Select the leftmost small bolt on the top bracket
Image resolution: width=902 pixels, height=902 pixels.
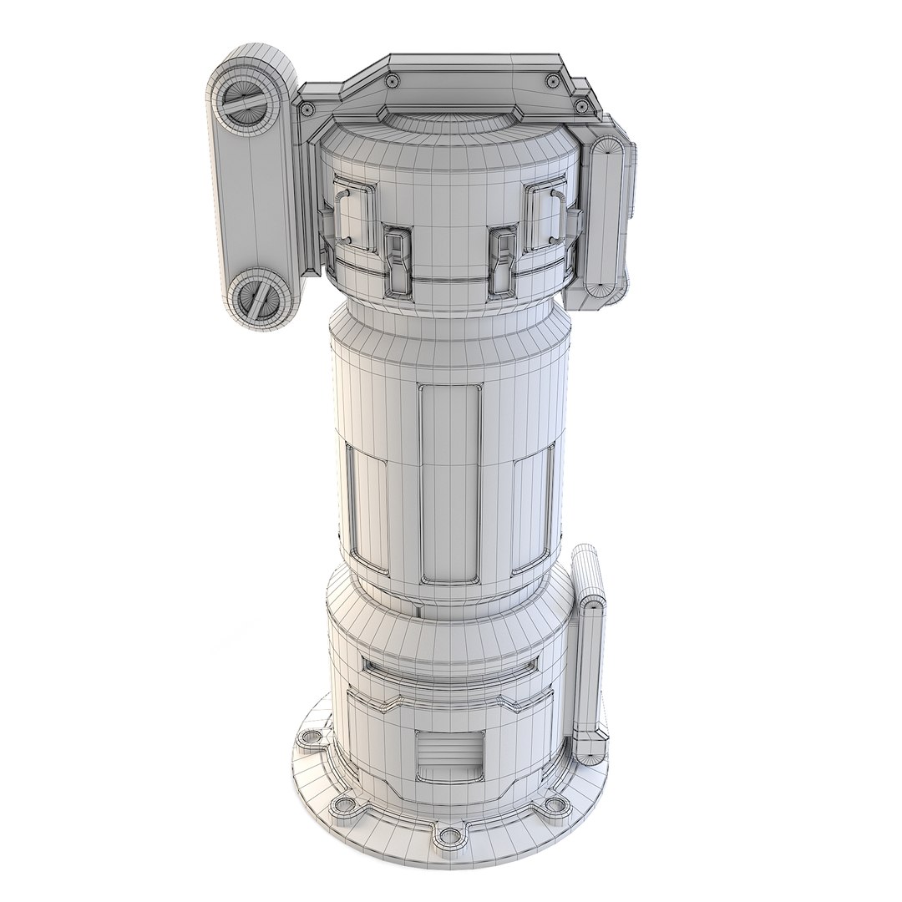tap(307, 109)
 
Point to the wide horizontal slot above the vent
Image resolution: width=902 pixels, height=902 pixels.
tap(450, 666)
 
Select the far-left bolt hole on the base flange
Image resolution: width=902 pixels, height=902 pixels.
tap(312, 738)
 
